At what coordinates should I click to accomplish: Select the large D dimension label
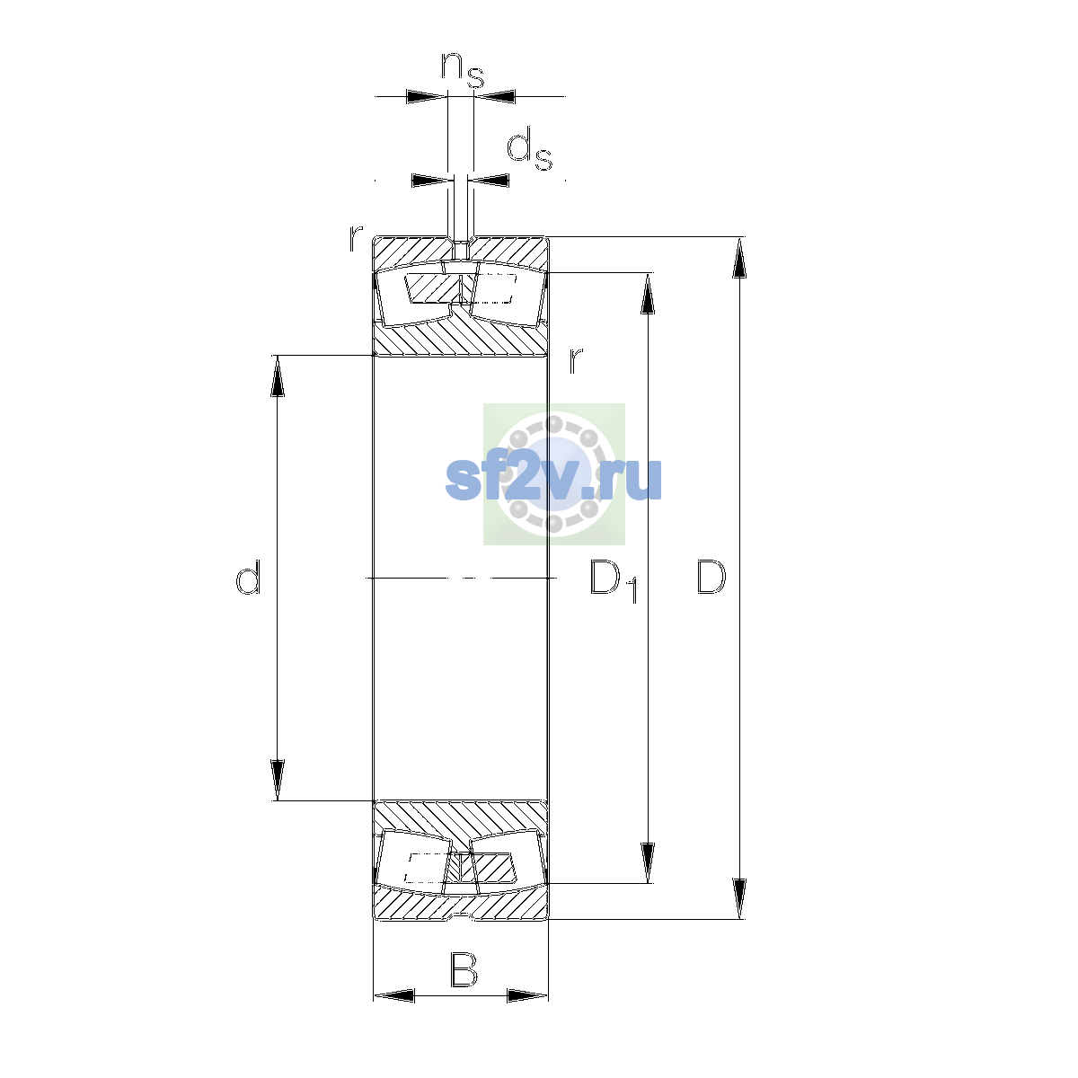[711, 576]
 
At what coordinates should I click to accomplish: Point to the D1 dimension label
[614, 580]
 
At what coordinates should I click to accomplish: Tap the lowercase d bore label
[248, 577]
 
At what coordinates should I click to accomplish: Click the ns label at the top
[463, 70]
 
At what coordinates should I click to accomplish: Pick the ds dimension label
[529, 149]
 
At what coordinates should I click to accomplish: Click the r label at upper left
[356, 237]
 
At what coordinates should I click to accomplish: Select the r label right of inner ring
[576, 360]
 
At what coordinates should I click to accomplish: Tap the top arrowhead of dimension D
[739, 257]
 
